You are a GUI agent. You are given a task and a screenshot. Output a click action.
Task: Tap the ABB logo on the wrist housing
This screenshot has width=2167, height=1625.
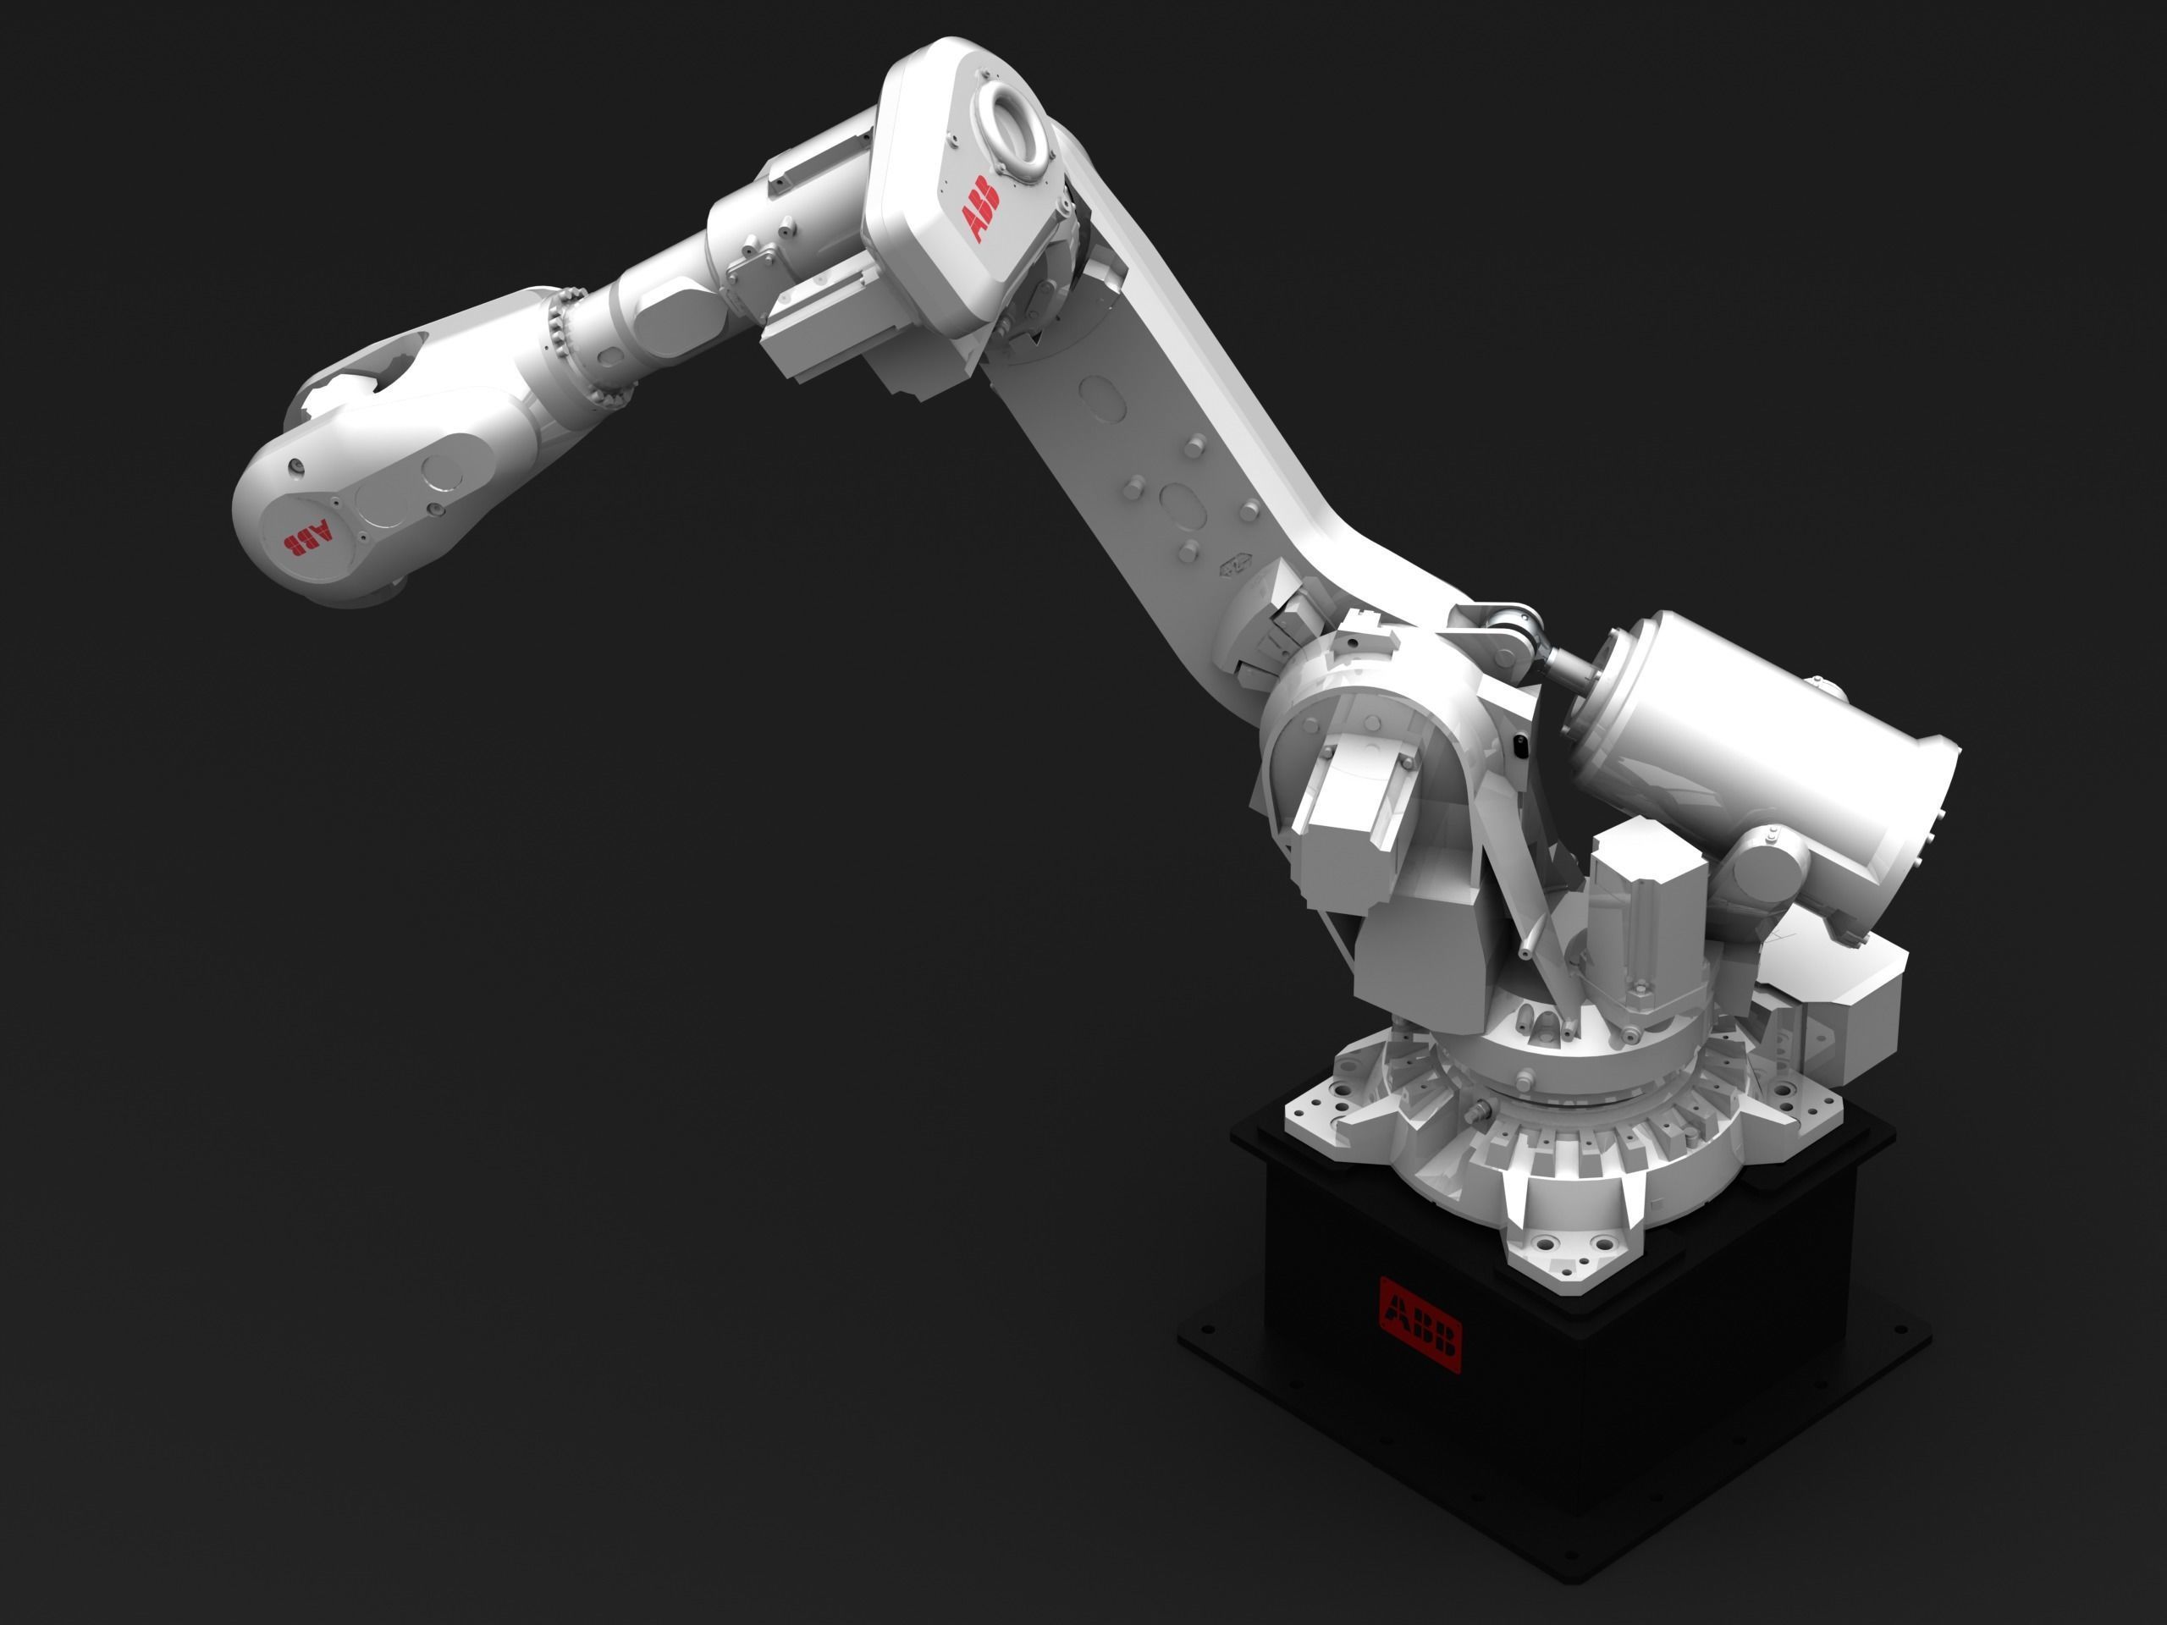point(306,537)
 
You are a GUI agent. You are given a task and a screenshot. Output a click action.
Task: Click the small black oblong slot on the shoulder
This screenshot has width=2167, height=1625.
point(1519,746)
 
